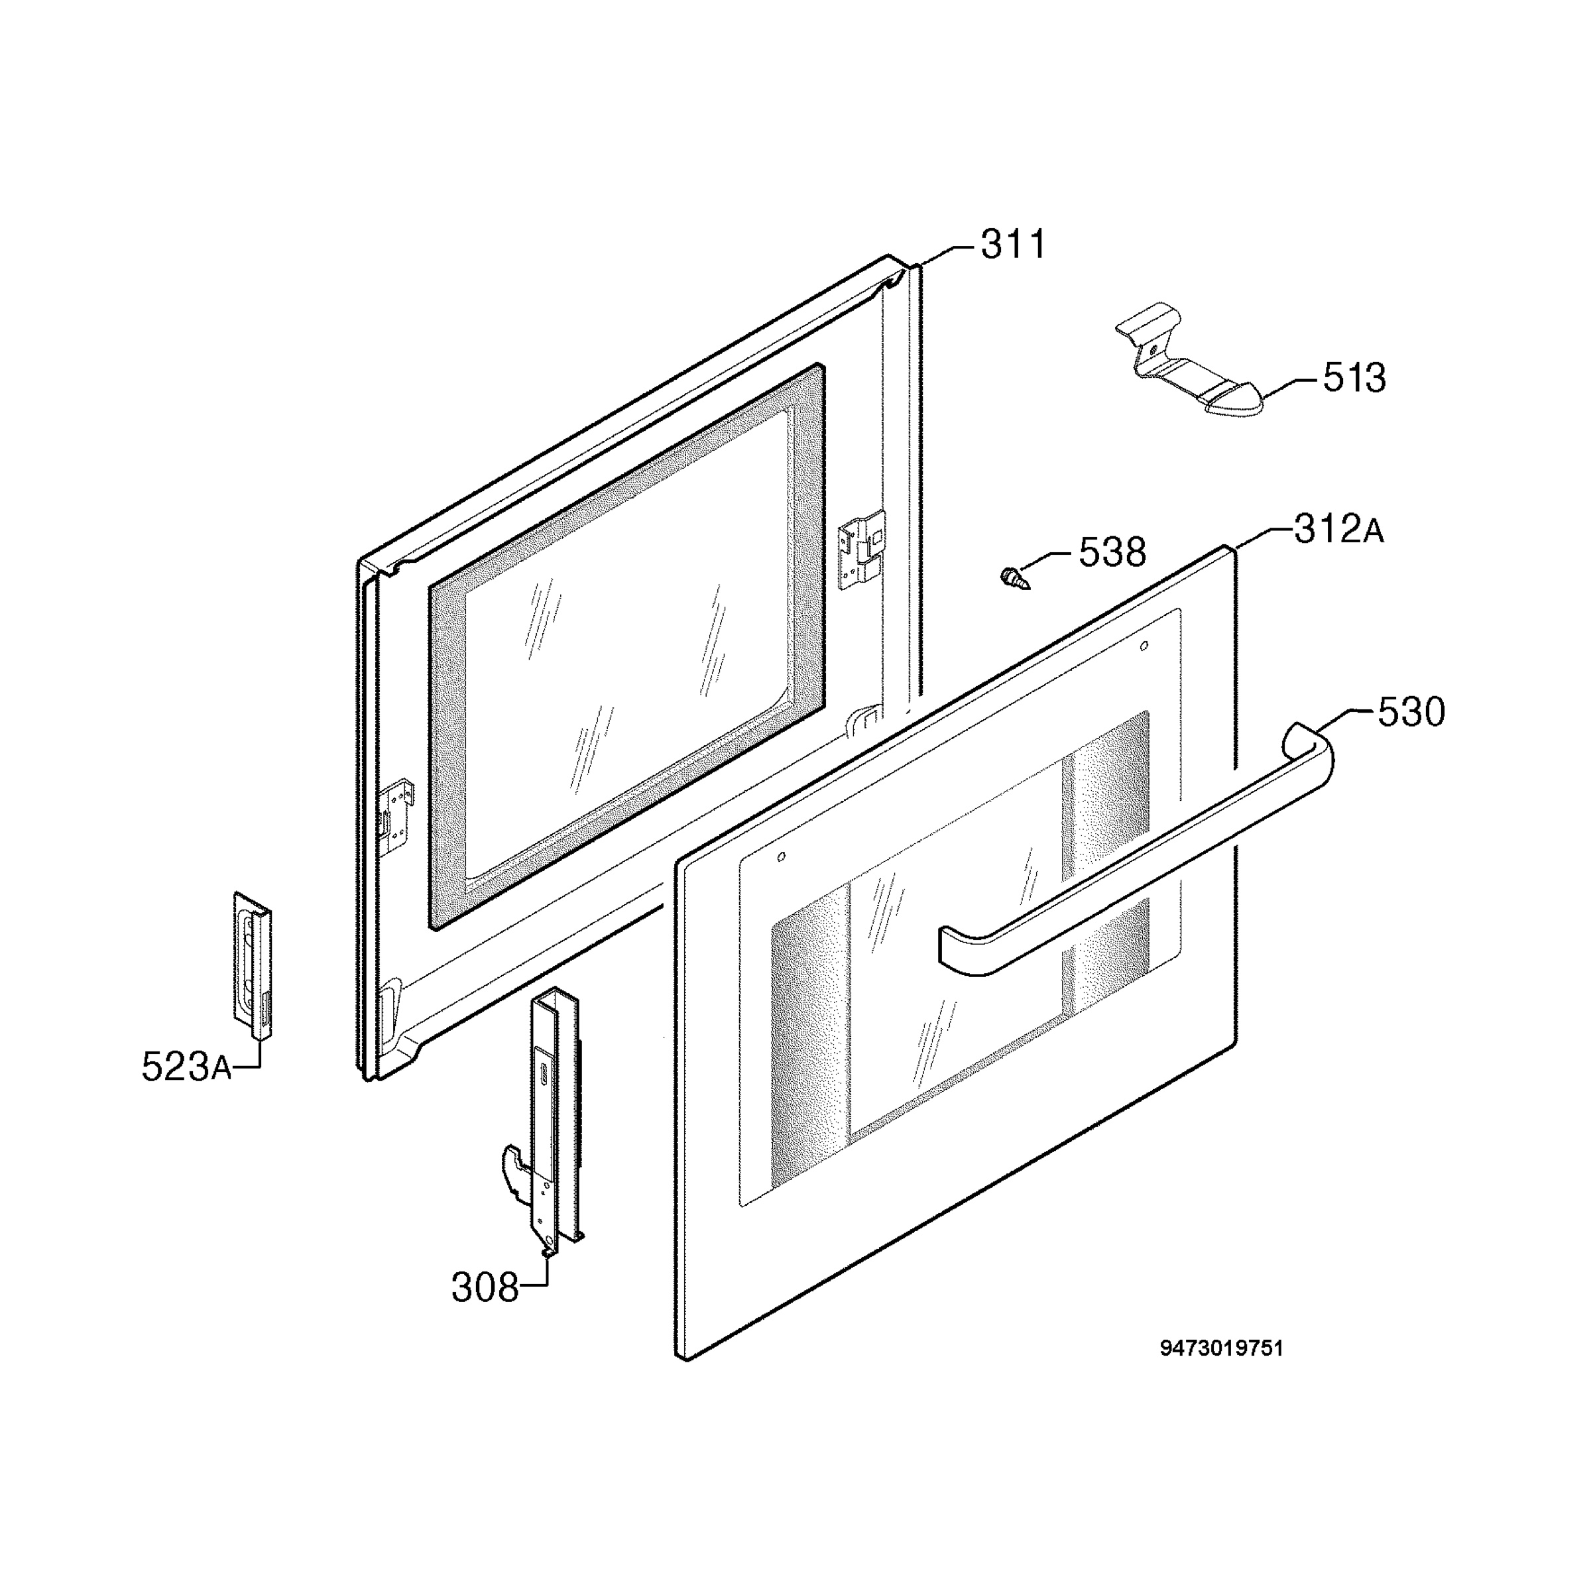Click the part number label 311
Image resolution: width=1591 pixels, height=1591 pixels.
click(x=1013, y=245)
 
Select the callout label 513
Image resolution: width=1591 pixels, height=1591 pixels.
click(x=1354, y=378)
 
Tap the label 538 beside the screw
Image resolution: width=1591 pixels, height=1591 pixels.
click(x=1112, y=553)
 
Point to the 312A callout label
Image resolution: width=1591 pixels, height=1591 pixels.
click(x=1340, y=529)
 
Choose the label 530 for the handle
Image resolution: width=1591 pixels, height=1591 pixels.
click(x=1411, y=711)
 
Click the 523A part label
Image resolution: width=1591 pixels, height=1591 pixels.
click(x=186, y=1067)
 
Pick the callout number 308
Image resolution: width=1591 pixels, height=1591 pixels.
click(x=485, y=1288)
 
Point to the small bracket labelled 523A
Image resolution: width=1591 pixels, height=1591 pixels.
click(x=252, y=965)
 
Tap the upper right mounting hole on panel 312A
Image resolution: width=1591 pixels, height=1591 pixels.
click(x=1143, y=646)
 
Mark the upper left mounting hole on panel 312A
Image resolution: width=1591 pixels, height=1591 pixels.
click(x=782, y=856)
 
